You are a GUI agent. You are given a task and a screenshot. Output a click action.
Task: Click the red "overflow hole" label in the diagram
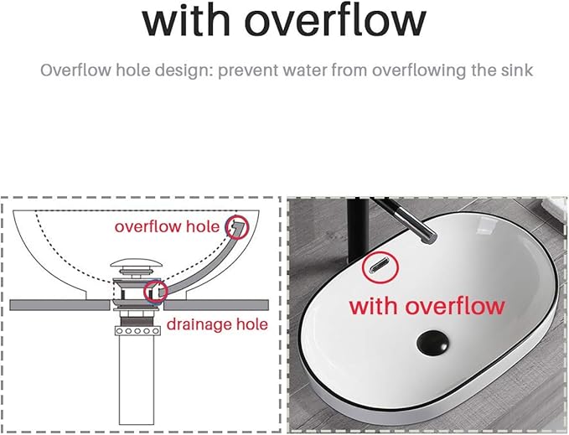[x=167, y=227]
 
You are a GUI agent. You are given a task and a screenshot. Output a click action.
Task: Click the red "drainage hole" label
[x=217, y=324]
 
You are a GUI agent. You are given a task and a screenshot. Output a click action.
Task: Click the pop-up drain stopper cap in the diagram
[x=136, y=262]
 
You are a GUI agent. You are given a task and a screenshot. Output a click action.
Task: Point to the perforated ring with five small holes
[x=137, y=331]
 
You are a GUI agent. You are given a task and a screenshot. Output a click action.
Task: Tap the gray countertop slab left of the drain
[x=59, y=305]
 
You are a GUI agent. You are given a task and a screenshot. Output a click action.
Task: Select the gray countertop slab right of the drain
[x=216, y=305]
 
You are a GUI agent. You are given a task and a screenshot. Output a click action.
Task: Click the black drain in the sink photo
[x=432, y=343]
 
